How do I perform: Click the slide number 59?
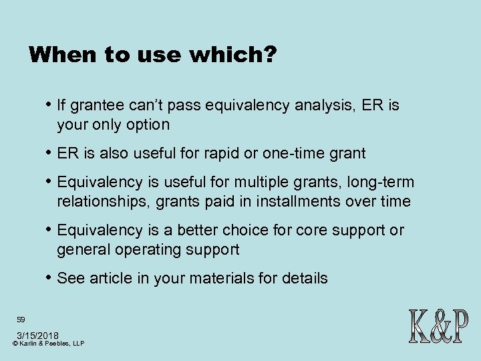click(21, 320)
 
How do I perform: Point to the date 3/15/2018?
click(37, 334)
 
